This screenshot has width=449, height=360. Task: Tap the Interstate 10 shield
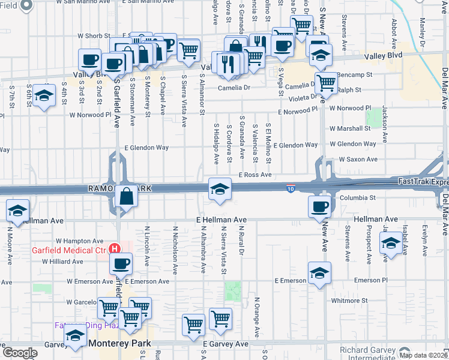[x=290, y=188]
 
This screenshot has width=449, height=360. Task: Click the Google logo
[x=20, y=352]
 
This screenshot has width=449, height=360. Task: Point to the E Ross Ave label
[x=255, y=175]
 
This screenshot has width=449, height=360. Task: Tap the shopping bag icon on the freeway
[x=127, y=196]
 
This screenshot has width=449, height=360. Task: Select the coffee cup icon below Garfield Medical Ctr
[x=121, y=263]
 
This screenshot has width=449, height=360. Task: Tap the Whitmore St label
[x=352, y=300]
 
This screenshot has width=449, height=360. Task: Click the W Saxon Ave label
[x=358, y=160]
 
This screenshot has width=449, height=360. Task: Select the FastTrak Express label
[x=423, y=181]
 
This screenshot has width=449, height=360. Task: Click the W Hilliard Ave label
[x=62, y=262]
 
